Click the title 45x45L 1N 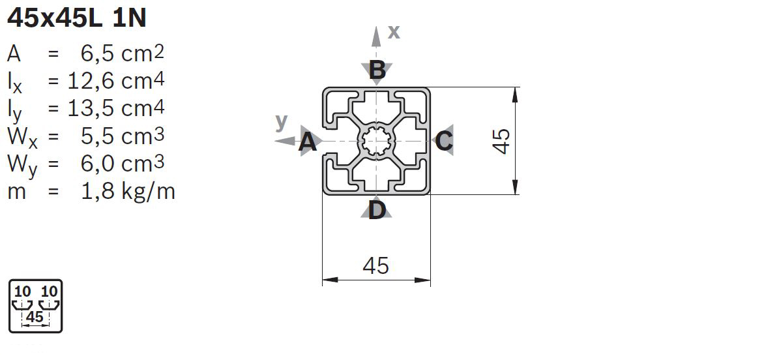click(x=76, y=18)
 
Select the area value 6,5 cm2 click(x=123, y=53)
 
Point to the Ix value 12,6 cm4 click(x=116, y=81)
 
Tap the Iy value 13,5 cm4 click(x=116, y=108)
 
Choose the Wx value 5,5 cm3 click(x=123, y=136)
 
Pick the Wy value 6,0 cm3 click(x=123, y=163)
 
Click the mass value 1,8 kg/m click(x=128, y=191)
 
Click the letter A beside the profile click(x=307, y=142)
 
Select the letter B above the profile click(x=377, y=70)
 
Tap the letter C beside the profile click(x=443, y=142)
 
